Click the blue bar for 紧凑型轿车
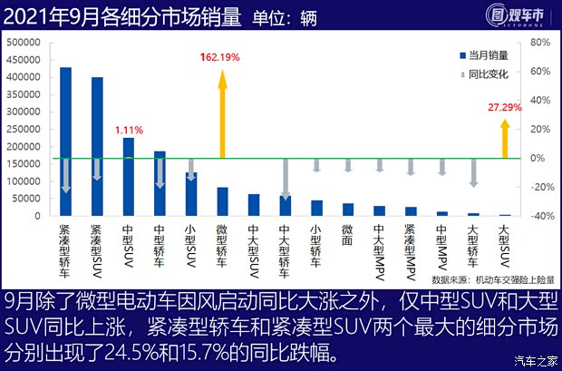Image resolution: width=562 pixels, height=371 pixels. (66, 141)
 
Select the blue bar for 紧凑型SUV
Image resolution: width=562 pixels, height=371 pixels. (97, 146)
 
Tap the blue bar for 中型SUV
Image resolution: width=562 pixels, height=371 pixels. (129, 176)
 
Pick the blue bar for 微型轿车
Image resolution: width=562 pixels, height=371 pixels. (222, 201)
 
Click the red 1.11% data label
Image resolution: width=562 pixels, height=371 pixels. (129, 130)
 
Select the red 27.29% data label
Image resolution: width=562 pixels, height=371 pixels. (505, 107)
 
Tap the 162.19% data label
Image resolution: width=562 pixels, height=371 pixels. (221, 57)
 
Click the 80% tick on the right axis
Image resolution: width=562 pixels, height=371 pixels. (539, 43)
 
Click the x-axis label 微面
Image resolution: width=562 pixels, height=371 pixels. (347, 234)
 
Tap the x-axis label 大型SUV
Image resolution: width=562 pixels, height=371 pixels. (504, 243)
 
